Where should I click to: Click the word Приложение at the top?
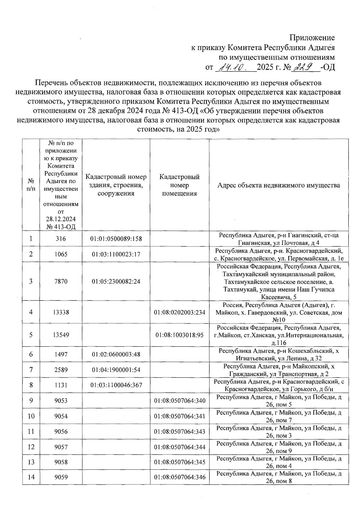(x=312, y=38)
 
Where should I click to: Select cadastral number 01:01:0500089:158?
(x=116, y=239)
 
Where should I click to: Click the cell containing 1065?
(x=61, y=254)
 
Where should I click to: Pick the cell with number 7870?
(x=61, y=281)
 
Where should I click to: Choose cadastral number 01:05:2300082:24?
(x=116, y=281)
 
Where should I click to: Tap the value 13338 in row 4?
(x=61, y=312)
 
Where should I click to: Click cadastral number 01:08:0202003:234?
(x=179, y=312)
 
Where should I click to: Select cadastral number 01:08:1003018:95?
(x=179, y=335)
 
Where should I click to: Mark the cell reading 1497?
(x=61, y=355)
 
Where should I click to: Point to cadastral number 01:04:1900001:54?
(x=116, y=370)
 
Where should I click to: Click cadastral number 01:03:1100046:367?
(x=116, y=385)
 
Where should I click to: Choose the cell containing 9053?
(x=61, y=401)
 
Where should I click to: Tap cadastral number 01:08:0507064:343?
(x=179, y=432)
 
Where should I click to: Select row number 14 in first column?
(x=31, y=477)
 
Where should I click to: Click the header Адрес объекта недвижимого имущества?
(x=279, y=185)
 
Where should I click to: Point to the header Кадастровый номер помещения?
(x=179, y=185)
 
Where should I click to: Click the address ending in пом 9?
(x=279, y=447)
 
